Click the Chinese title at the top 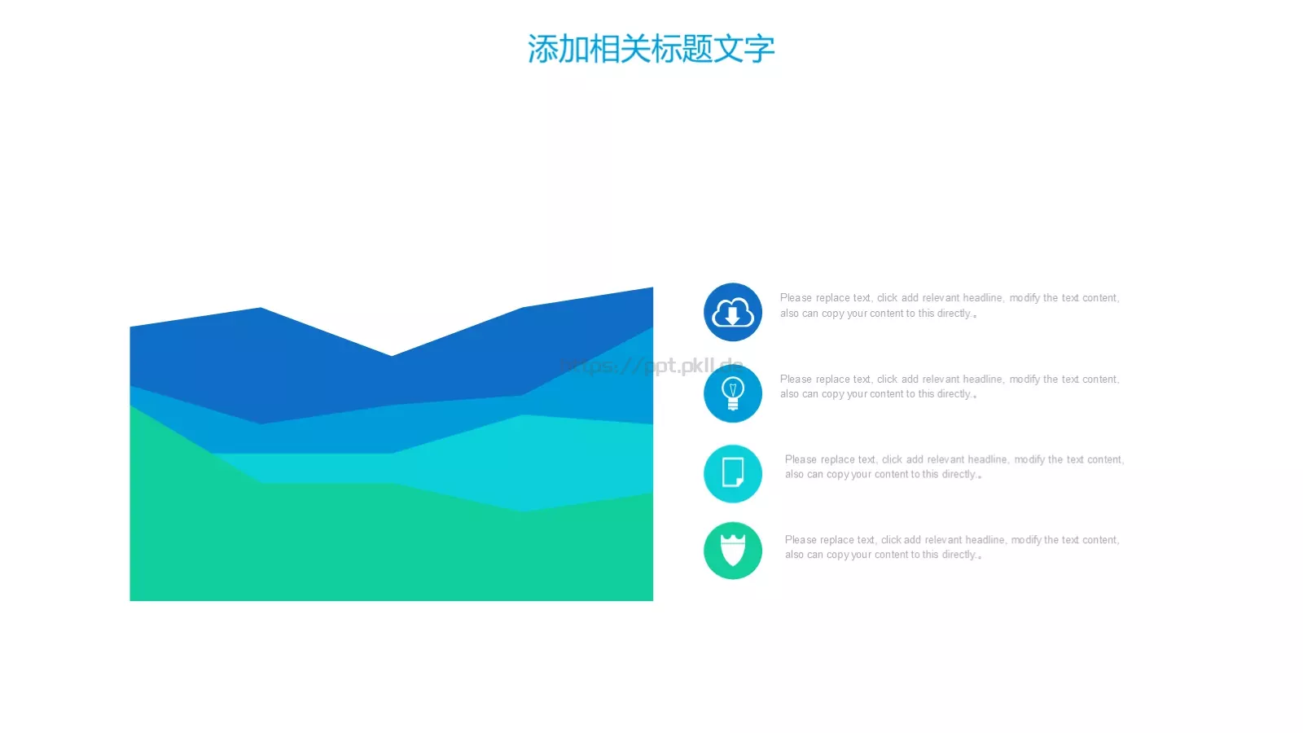[651, 49]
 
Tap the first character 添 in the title [542, 49]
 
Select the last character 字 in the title [759, 49]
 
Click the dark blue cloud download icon [733, 312]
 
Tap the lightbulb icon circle [733, 393]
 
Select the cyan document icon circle [733, 473]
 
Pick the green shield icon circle [733, 551]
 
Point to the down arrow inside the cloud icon [733, 315]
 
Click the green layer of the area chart [326, 546]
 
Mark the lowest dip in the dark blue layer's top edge [392, 356]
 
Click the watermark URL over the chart [651, 366]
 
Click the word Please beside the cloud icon [796, 298]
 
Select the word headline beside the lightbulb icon [983, 380]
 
